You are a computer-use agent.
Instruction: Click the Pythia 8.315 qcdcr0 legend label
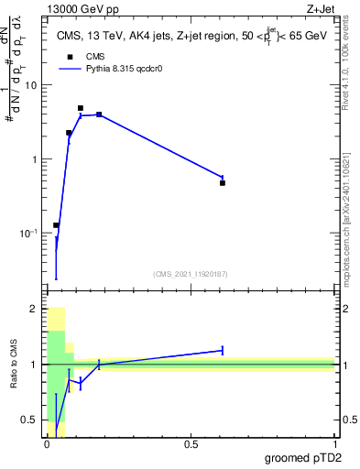click(117, 68)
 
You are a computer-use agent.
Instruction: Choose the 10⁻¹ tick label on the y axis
click(29, 234)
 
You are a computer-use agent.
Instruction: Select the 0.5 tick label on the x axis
click(191, 442)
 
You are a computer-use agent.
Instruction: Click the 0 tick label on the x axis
click(47, 442)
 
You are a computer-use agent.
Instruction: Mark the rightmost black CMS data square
click(223, 183)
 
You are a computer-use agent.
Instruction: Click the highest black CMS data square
click(81, 108)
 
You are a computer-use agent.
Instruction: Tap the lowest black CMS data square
click(56, 225)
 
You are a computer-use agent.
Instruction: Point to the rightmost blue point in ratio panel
click(223, 350)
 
